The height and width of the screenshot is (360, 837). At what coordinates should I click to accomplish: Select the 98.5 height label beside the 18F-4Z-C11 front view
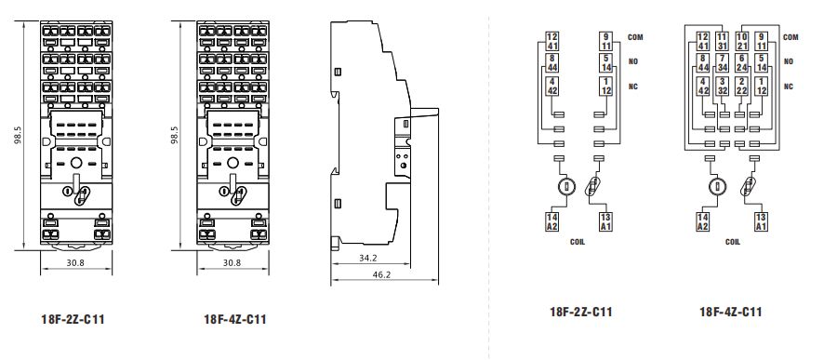(175, 136)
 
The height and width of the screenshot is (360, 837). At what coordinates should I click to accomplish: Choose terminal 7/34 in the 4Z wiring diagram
(722, 64)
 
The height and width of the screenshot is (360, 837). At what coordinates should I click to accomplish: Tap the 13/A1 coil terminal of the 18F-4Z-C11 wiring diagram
(761, 221)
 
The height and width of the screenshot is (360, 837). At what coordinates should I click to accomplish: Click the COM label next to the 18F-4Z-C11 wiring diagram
(791, 37)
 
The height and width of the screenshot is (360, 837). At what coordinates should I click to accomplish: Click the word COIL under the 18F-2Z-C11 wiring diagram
(577, 241)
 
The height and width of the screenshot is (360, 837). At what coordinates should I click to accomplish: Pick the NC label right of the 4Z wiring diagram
(789, 87)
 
